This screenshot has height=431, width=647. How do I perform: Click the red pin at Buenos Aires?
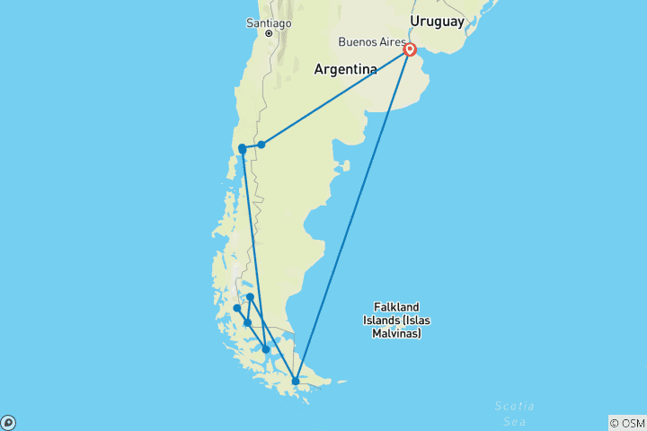pyautogui.click(x=410, y=50)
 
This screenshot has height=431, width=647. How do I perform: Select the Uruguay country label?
pyautogui.click(x=437, y=21)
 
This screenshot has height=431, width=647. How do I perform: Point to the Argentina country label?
pyautogui.click(x=345, y=69)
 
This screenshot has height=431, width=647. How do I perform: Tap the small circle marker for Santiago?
pyautogui.click(x=268, y=34)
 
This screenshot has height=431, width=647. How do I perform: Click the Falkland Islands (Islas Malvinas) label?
pyautogui.click(x=396, y=320)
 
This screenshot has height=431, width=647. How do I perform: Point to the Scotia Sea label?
pyautogui.click(x=516, y=412)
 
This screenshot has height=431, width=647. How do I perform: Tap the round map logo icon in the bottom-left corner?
pyautogui.click(x=8, y=422)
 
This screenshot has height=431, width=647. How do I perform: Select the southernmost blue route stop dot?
pyautogui.click(x=296, y=381)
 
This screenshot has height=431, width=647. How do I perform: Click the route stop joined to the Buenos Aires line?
pyautogui.click(x=261, y=144)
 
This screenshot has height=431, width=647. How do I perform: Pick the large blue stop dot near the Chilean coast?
pyautogui.click(x=243, y=149)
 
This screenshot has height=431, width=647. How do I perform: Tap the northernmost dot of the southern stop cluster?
pyautogui.click(x=250, y=296)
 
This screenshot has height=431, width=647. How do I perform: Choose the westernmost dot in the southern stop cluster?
pyautogui.click(x=237, y=308)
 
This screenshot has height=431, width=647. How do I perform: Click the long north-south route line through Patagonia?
pyautogui.click(x=253, y=242)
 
